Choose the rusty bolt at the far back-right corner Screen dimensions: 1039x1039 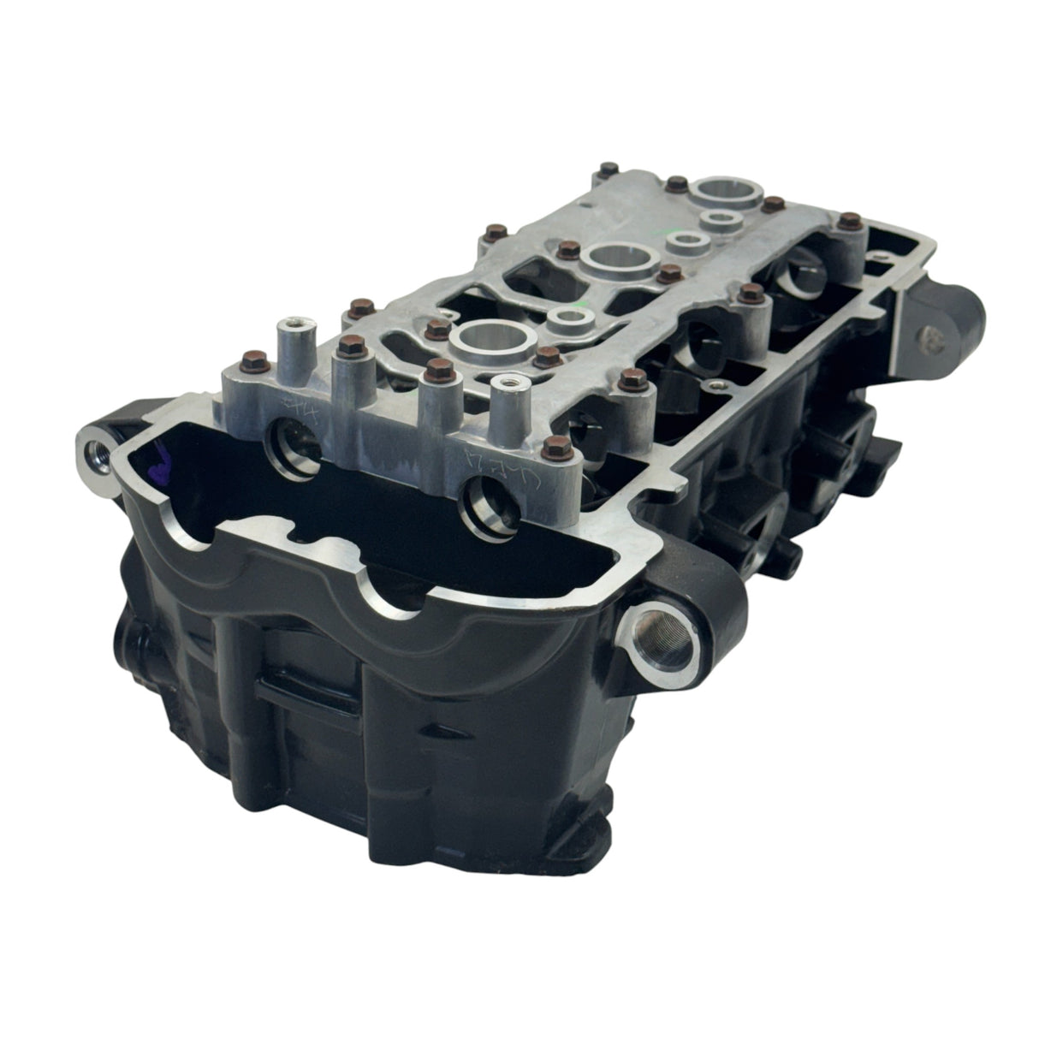coord(850,222)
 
